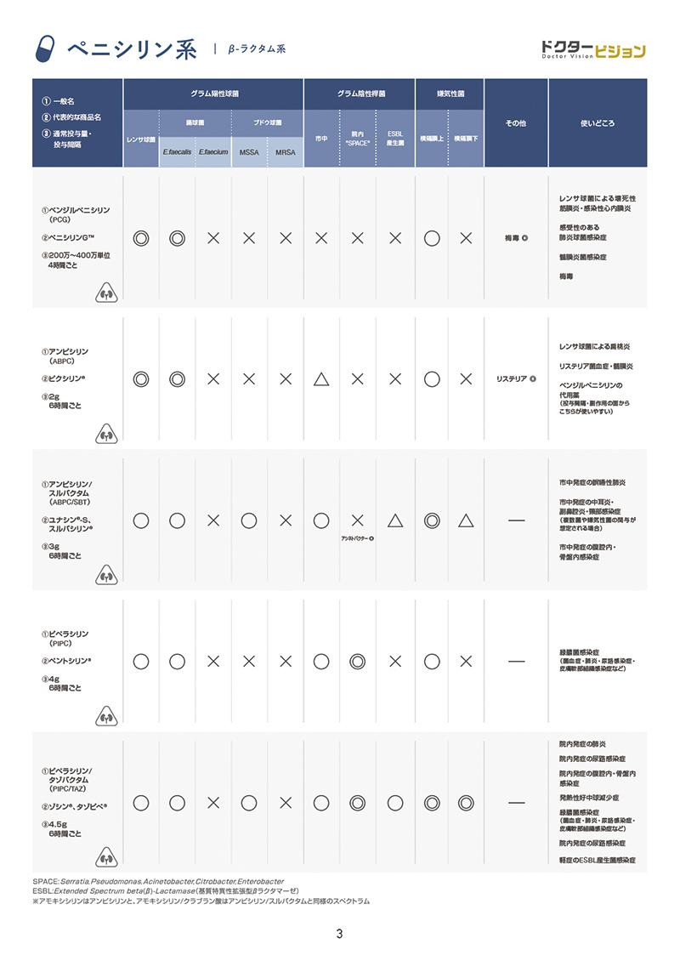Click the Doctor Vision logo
point(593,50)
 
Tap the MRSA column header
point(285,152)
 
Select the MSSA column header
point(249,152)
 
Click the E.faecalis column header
point(177,152)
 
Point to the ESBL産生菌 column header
point(394,138)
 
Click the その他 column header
point(516,123)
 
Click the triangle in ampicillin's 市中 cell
point(321,378)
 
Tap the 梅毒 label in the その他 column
point(513,239)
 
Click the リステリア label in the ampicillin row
point(513,379)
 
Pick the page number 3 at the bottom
point(339,935)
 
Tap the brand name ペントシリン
point(71,660)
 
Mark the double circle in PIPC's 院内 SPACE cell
point(358,660)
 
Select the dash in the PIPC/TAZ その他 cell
point(516,802)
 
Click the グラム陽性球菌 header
point(213,93)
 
